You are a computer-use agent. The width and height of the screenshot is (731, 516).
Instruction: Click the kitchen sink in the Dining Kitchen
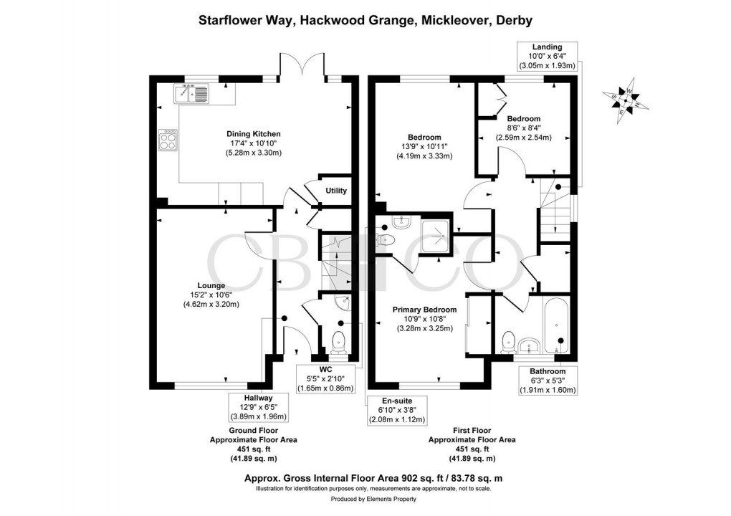tap(191, 92)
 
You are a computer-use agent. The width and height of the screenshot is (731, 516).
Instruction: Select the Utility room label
tap(336, 191)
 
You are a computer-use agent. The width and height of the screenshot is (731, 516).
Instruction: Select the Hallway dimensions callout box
tap(257, 407)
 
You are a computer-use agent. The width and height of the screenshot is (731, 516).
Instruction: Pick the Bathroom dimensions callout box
tap(548, 381)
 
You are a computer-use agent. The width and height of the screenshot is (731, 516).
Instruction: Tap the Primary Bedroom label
tap(424, 310)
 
